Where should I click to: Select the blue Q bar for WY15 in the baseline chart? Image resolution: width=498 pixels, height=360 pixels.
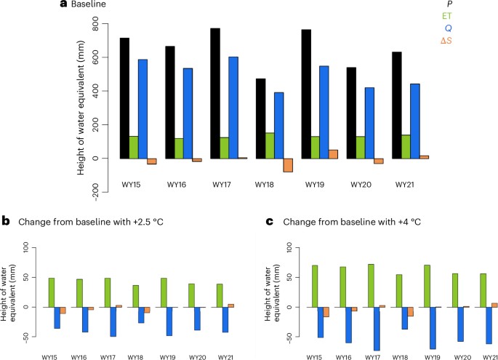point(142,109)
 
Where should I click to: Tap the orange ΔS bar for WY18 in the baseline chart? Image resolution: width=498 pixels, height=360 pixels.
point(288,165)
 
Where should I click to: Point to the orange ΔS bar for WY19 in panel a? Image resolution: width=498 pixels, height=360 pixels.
point(334,153)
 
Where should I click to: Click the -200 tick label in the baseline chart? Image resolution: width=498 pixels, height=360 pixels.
point(93,191)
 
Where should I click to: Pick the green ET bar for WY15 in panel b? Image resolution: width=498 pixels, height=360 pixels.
point(52,292)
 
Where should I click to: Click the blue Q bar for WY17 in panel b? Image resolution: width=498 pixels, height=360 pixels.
point(113,321)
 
